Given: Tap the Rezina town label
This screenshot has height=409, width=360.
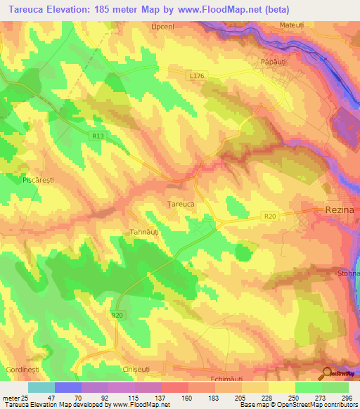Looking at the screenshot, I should point(342,209).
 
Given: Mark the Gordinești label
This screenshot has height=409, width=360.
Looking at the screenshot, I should point(20,369).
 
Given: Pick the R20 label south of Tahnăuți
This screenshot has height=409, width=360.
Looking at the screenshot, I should point(117,316).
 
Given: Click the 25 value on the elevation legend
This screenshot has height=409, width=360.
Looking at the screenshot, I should point(26,398).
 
